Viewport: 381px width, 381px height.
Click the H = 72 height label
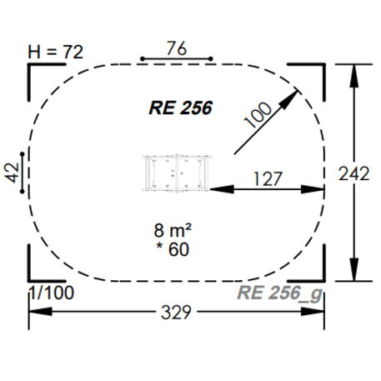click(57, 52)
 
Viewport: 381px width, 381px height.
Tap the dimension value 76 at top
click(176, 48)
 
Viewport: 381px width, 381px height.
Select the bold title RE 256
click(180, 108)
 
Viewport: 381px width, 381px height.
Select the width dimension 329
click(176, 313)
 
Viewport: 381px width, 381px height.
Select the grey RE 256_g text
click(278, 293)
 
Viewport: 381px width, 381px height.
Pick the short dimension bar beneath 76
click(177, 59)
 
